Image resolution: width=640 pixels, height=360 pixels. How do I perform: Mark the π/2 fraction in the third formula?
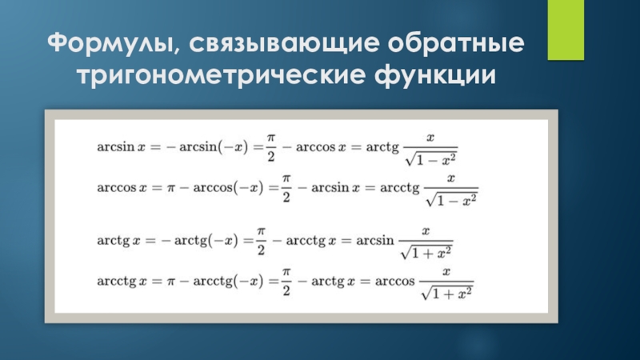point(260,239)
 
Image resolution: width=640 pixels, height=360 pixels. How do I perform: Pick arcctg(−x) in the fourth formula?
point(231,282)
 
